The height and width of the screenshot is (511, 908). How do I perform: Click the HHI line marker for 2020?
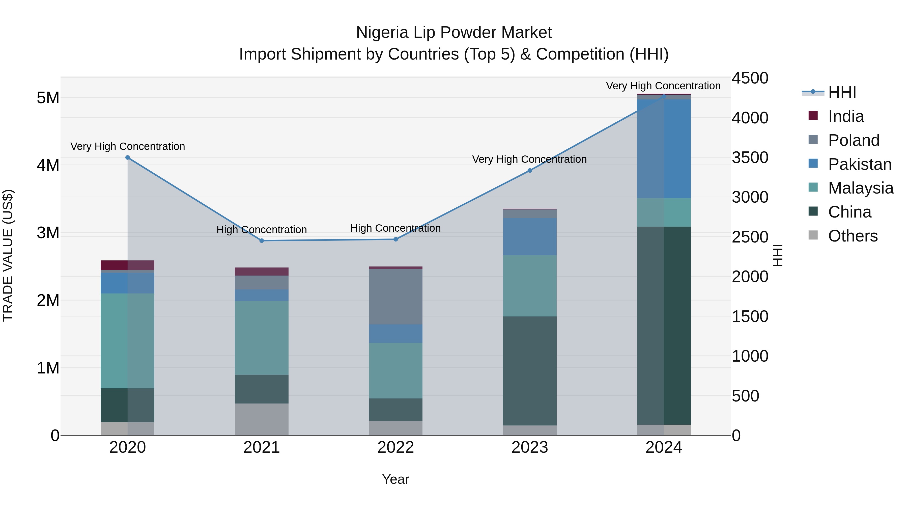pyautogui.click(x=128, y=158)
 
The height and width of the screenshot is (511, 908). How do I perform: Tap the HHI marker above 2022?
pyautogui.click(x=395, y=239)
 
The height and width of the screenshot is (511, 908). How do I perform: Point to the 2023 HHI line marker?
pyautogui.click(x=529, y=171)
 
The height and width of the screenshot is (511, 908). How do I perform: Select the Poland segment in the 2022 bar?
pyautogui.click(x=395, y=297)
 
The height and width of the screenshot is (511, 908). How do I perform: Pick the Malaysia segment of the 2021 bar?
pyautogui.click(x=262, y=337)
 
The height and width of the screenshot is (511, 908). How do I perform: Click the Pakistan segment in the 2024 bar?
pyautogui.click(x=664, y=148)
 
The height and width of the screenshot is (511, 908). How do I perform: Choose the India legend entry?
pyautogui.click(x=846, y=116)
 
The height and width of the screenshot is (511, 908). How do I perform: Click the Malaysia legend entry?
pyautogui.click(x=860, y=188)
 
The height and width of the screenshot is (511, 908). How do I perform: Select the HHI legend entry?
pyautogui.click(x=842, y=92)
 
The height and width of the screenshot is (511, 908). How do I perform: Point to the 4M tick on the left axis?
pyautogui.click(x=48, y=165)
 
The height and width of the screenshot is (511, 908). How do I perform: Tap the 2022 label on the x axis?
pyautogui.click(x=395, y=447)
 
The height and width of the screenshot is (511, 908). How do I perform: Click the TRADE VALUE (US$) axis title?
pyautogui.click(x=8, y=255)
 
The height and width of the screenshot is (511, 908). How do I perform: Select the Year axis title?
pyautogui.click(x=395, y=479)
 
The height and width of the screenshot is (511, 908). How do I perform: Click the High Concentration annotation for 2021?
pyautogui.click(x=262, y=230)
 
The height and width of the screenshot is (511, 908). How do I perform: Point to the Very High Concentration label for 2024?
pyautogui.click(x=663, y=86)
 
